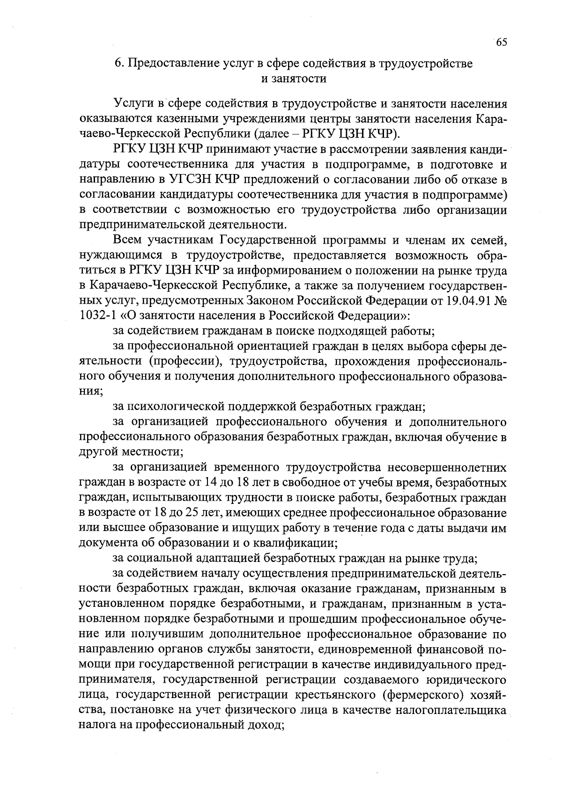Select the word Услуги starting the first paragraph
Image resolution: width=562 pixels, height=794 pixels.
(132, 103)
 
